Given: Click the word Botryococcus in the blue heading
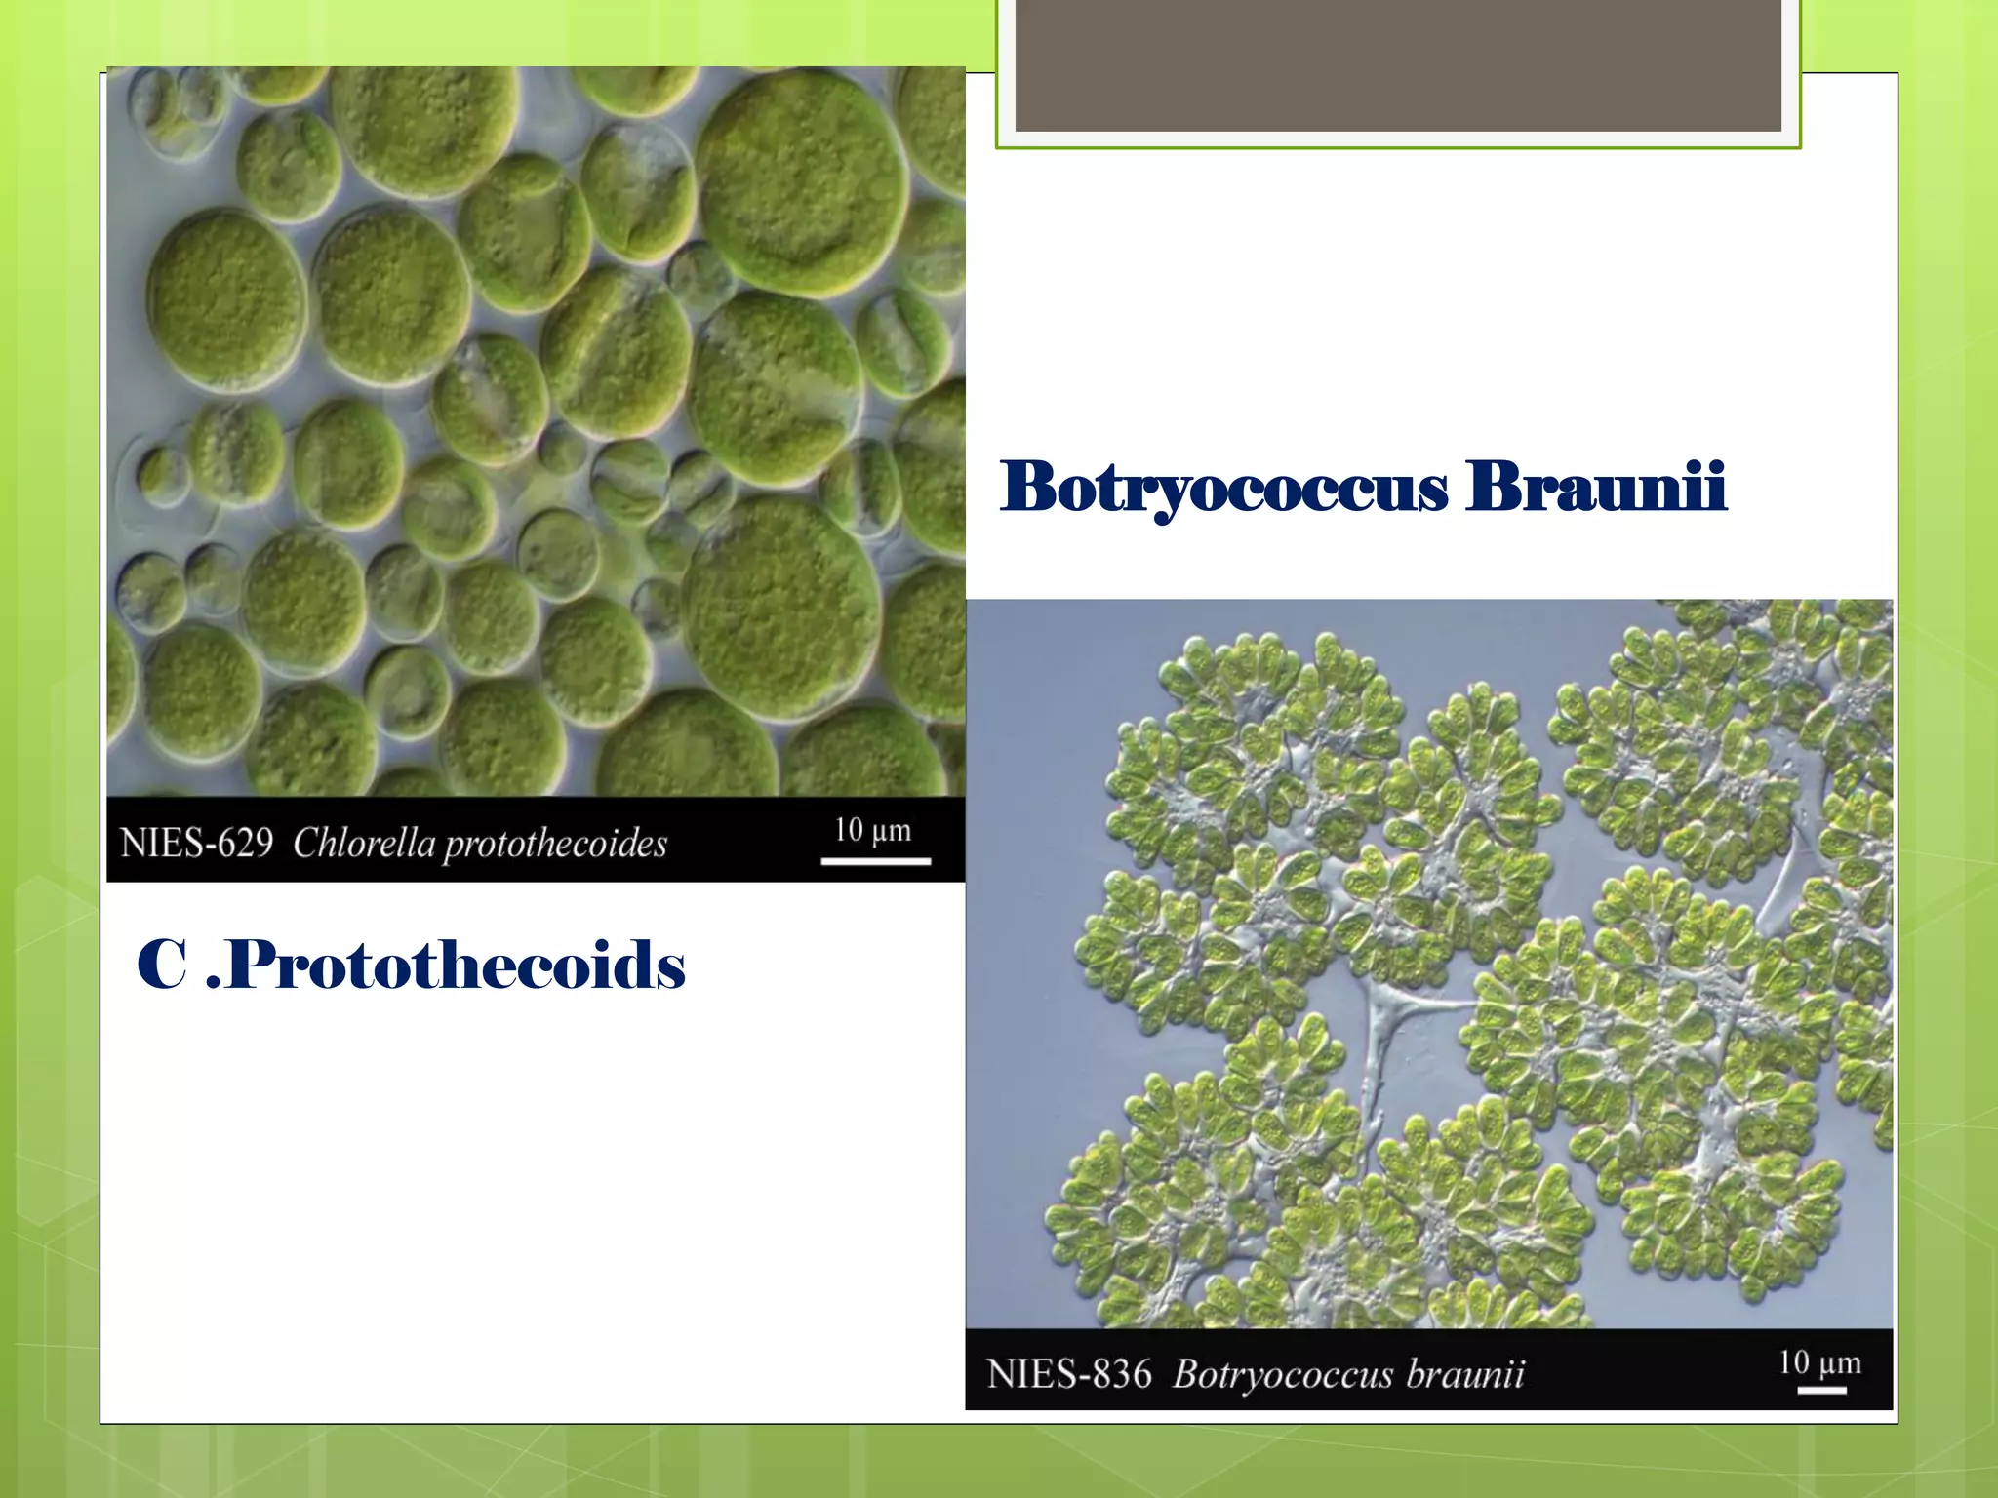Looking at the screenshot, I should point(1223,487).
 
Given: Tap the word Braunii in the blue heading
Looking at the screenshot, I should point(1596,487).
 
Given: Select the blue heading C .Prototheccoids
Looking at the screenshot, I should point(411,966).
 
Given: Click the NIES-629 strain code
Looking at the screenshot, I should point(196,843).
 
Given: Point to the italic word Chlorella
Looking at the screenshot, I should point(363,843).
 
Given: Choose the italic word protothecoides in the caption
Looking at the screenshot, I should point(555,845).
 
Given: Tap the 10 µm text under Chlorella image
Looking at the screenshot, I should point(872,830).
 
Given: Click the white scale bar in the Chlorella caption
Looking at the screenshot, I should point(875,861).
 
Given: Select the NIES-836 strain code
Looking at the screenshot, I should point(1068,1374).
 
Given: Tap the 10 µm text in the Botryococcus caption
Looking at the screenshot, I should point(1819,1362).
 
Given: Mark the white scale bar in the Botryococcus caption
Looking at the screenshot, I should point(1821,1390).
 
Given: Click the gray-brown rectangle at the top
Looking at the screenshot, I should point(1398,64).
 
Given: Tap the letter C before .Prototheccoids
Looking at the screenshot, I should point(162,966).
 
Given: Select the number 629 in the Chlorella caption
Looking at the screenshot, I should point(245,843).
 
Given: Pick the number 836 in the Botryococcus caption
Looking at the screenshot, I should point(1122,1374).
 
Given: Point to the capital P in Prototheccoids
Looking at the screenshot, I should point(251,966).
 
